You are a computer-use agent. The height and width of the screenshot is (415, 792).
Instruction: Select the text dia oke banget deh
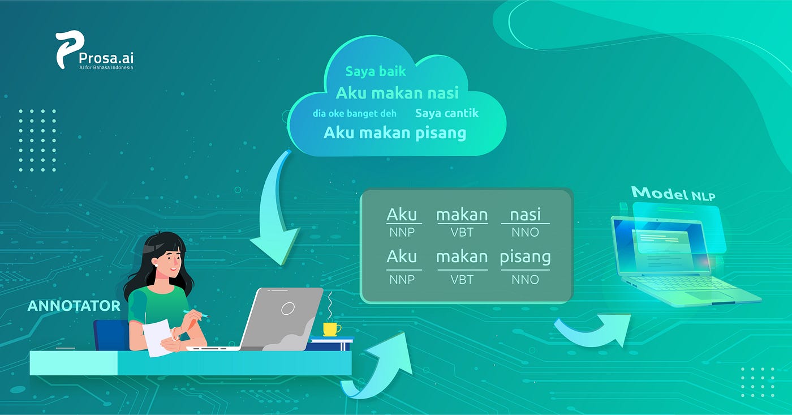pos(355,113)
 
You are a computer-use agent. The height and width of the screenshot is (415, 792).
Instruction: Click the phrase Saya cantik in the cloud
pos(447,113)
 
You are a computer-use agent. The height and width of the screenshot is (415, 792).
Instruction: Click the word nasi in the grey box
pos(525,215)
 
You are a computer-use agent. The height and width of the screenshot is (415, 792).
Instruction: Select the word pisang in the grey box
pos(525,257)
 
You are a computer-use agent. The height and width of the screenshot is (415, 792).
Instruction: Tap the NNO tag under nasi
pos(525,232)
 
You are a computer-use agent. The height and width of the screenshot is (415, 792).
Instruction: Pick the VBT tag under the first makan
pos(462,232)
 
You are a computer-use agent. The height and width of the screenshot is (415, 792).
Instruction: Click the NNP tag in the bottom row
pos(402,279)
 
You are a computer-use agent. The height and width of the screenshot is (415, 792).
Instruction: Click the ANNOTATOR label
pos(74,306)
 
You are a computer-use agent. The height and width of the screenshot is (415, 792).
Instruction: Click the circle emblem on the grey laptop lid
pos(288,308)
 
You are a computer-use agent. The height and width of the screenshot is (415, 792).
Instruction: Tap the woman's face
pos(168,258)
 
